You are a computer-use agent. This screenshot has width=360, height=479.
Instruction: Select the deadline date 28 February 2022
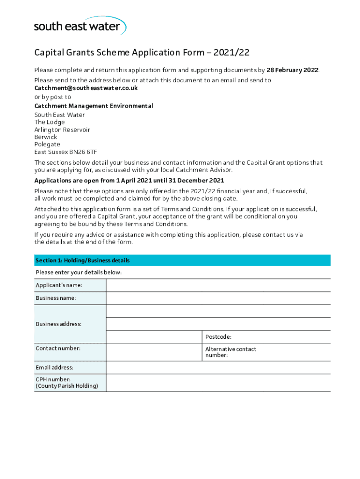tap(292, 70)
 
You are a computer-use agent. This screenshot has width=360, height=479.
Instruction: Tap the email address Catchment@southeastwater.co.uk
tap(86, 88)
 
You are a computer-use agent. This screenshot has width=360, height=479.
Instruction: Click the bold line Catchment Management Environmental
tap(94, 106)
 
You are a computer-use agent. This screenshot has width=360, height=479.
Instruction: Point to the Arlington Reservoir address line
tap(62, 130)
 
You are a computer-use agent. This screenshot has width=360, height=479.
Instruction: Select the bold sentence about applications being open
tap(129, 181)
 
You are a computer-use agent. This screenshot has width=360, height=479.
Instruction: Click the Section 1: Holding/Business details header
tap(83, 261)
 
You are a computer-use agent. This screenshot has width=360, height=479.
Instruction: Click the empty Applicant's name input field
tap(218, 285)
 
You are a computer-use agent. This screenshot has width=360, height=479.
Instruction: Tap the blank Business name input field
tap(218, 298)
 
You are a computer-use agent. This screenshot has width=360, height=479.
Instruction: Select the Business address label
tap(58, 324)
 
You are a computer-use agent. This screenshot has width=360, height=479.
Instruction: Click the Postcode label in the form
tap(218, 337)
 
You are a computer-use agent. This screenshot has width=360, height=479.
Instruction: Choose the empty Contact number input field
tap(154, 352)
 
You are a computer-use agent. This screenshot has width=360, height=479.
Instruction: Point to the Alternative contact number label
tap(230, 352)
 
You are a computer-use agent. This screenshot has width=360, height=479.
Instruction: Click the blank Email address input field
tap(218, 368)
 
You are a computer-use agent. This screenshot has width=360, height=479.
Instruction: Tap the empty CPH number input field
tap(218, 383)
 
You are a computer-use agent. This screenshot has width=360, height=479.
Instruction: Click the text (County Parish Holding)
tap(67, 386)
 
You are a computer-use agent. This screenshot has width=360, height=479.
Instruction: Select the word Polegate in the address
tap(47, 145)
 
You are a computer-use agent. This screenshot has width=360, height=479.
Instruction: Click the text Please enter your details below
tap(79, 273)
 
